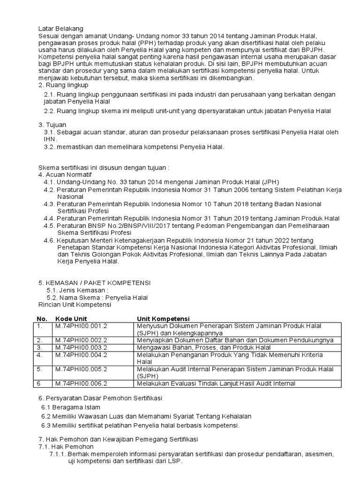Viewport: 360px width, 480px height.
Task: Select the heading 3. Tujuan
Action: point(52,125)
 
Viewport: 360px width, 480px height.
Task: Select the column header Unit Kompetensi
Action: point(163,319)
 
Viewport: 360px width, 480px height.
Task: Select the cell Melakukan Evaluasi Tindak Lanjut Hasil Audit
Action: point(216,383)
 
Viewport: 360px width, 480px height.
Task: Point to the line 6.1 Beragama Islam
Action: point(71,407)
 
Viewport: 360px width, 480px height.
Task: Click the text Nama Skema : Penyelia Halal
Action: point(97,297)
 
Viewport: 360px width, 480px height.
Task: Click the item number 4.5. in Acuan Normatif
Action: point(49,225)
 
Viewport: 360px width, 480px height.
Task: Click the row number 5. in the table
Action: point(40,369)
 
